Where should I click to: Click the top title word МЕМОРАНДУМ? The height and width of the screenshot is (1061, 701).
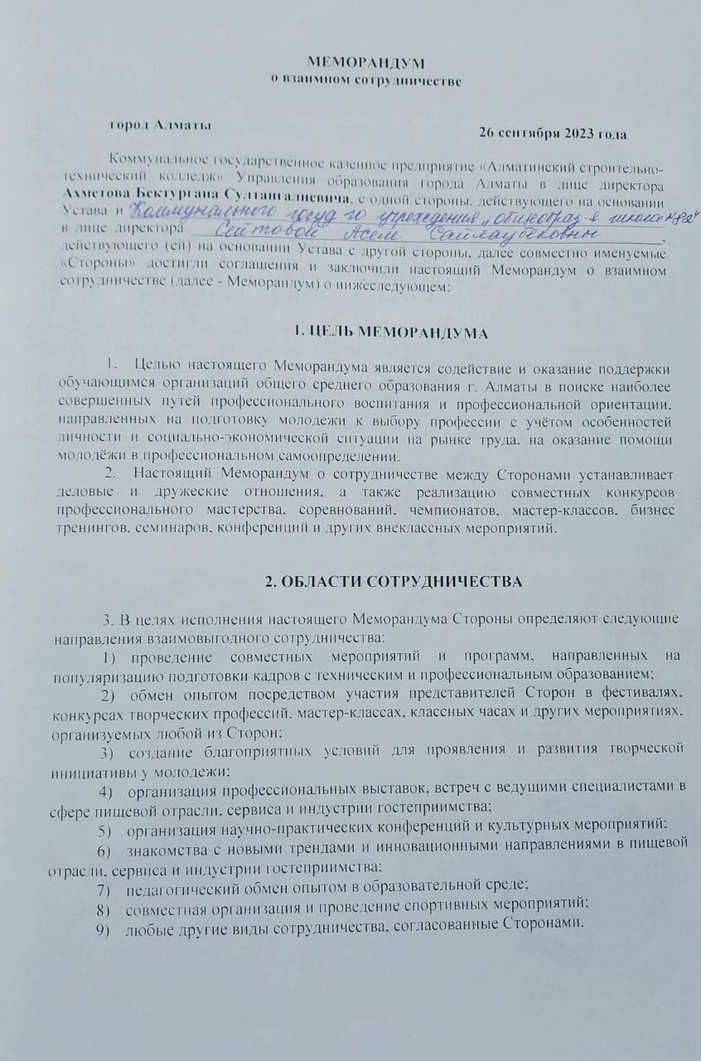point(365,64)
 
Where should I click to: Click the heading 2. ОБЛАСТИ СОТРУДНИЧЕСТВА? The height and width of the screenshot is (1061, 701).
point(393,581)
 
